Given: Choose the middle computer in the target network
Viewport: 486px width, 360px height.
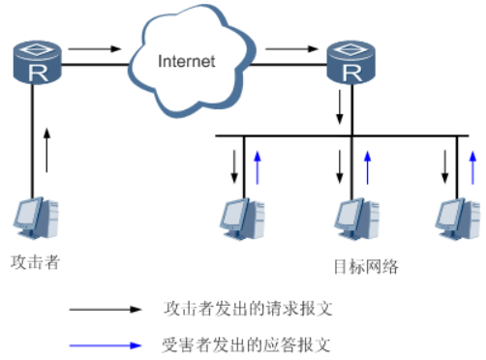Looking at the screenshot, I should [351, 219].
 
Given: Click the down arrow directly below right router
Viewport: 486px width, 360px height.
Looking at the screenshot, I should [338, 105].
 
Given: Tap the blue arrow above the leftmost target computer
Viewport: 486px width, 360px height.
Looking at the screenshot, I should [257, 166].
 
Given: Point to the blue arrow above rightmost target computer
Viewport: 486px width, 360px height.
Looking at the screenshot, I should [472, 166].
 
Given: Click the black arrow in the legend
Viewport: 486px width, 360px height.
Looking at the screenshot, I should [105, 310].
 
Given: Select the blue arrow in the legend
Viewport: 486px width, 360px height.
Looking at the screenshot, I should [105, 343].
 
